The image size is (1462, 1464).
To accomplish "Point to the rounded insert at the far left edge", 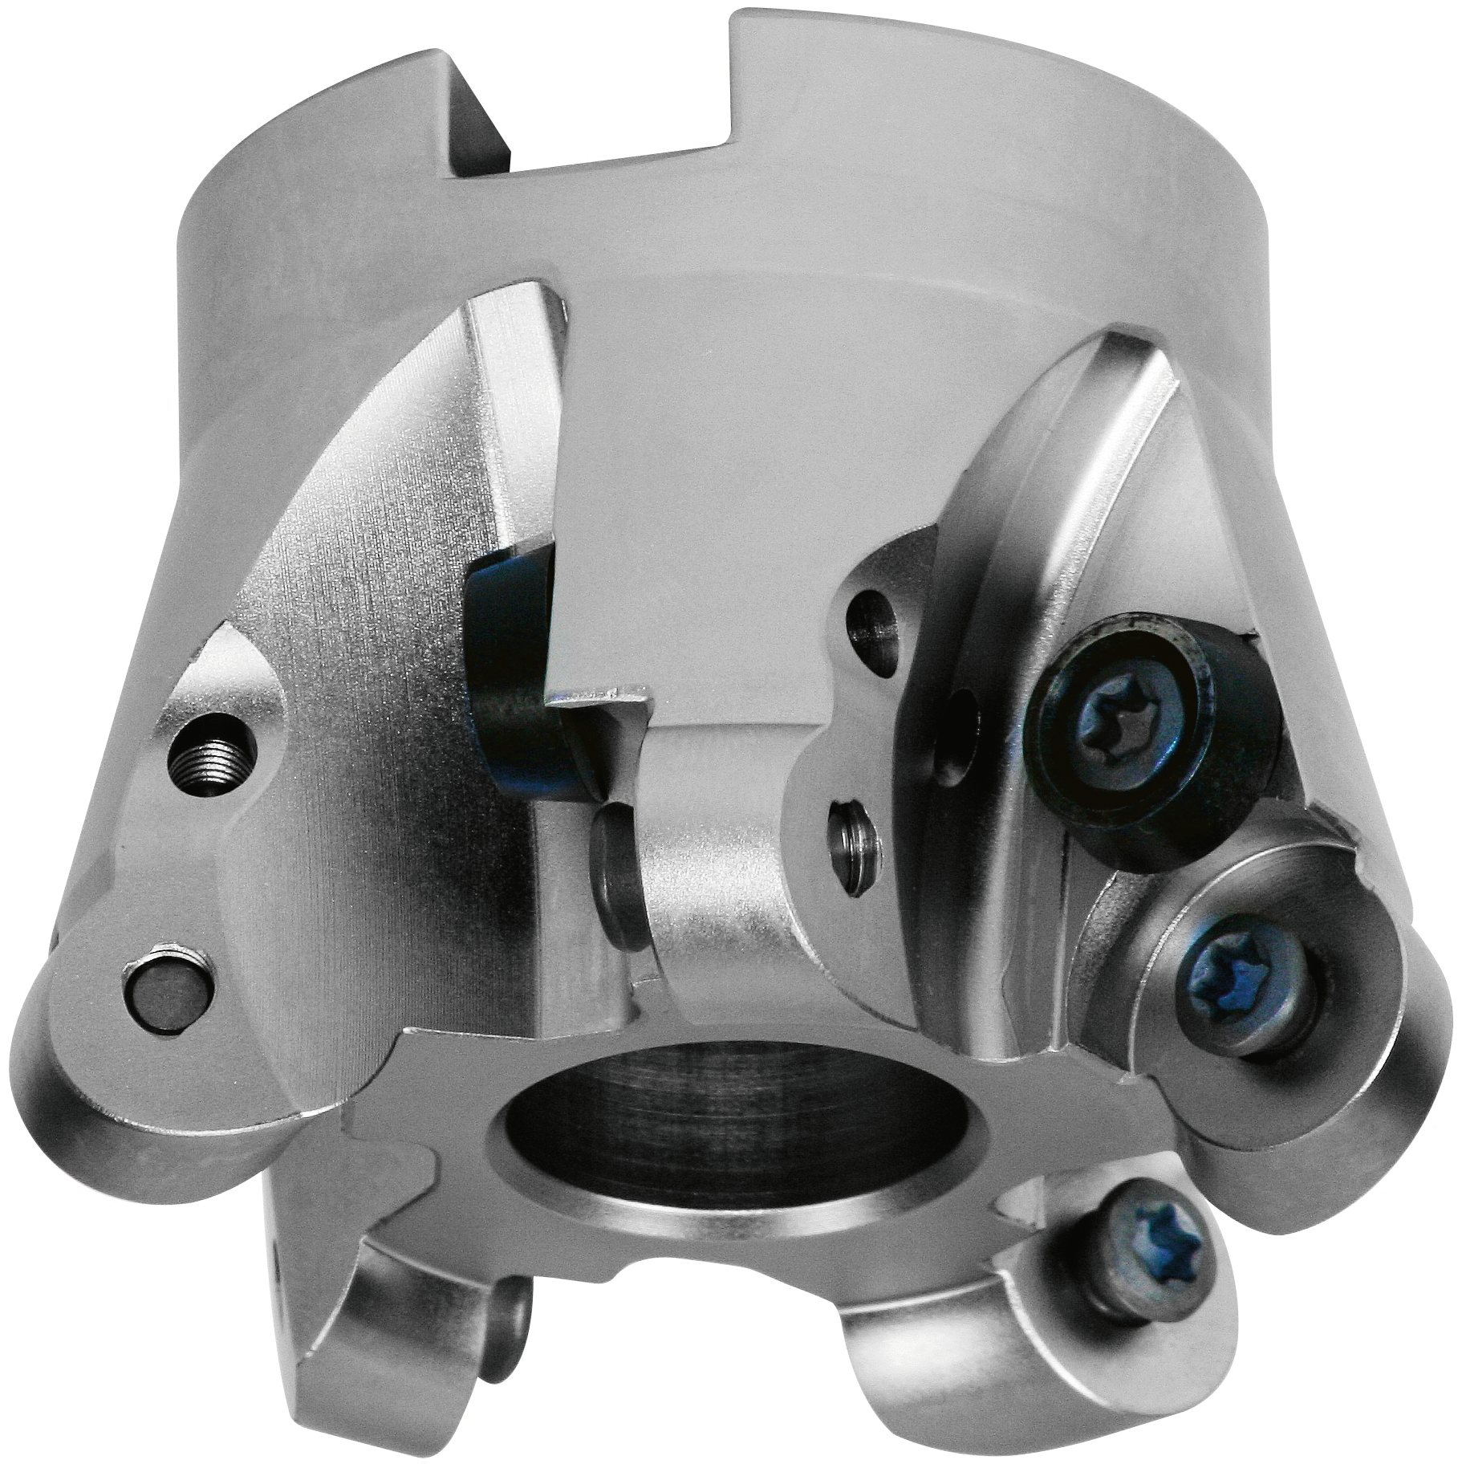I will tap(104, 1108).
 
